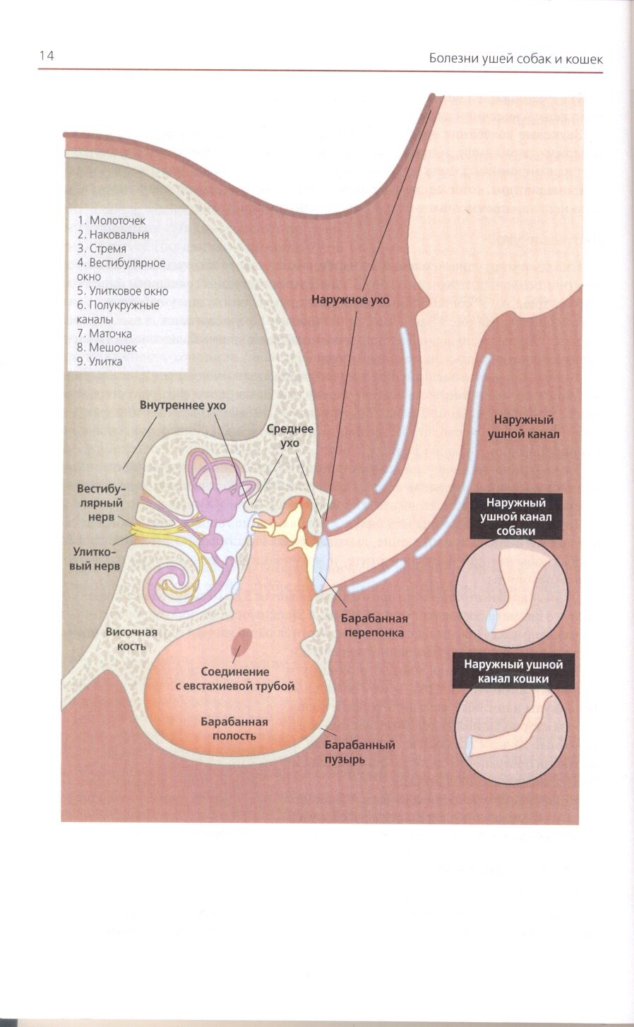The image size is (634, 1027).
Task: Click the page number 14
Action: click(47, 56)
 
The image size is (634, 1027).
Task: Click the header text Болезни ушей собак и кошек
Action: click(515, 59)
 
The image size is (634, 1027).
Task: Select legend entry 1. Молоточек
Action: click(112, 220)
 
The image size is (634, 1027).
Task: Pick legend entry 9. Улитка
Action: click(100, 361)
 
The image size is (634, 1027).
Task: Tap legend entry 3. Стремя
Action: click(102, 249)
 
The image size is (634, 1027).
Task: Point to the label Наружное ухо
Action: click(350, 299)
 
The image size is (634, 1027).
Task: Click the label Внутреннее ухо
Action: click(182, 405)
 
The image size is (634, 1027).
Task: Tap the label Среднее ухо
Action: click(289, 436)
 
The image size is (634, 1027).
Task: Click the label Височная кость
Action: click(131, 639)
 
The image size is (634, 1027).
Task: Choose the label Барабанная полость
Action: click(234, 728)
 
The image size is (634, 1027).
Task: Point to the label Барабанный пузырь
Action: click(359, 752)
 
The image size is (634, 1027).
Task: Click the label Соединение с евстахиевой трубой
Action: click(234, 679)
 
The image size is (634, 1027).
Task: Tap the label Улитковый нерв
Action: click(96, 559)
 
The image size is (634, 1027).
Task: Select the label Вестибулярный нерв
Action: click(101, 503)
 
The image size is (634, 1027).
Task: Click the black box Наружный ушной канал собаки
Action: click(516, 516)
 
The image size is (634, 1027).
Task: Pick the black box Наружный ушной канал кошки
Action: click(513, 671)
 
